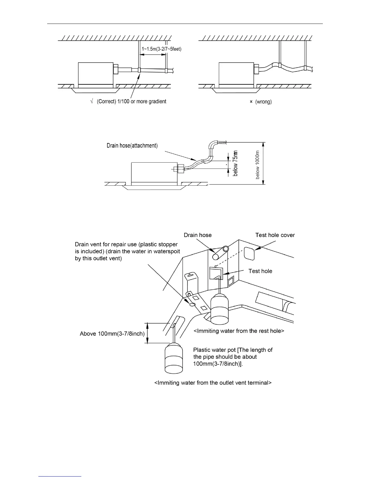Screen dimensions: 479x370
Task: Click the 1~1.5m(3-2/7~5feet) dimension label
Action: pos(161,49)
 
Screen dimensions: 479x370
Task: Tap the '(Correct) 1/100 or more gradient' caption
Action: pos(131,102)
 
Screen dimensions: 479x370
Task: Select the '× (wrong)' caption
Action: pos(261,102)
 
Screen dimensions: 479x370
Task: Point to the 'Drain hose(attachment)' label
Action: pos(132,146)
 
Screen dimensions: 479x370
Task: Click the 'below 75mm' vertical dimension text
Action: pos(235,163)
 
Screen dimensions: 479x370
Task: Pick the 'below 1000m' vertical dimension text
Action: pos(258,165)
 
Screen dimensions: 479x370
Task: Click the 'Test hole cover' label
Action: pos(275,235)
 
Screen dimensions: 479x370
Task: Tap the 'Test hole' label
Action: pos(260,271)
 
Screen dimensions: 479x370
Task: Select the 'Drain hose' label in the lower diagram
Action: pos(198,235)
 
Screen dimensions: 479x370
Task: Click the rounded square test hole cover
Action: pos(249,253)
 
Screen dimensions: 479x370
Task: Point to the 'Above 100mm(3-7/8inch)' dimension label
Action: pos(112,334)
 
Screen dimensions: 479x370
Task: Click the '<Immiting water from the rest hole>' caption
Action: pos(239,331)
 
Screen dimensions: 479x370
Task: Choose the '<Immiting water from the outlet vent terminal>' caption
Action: pos(213,383)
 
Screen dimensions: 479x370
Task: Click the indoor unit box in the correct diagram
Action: pos(95,73)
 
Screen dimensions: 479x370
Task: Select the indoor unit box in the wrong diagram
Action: pos(236,73)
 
